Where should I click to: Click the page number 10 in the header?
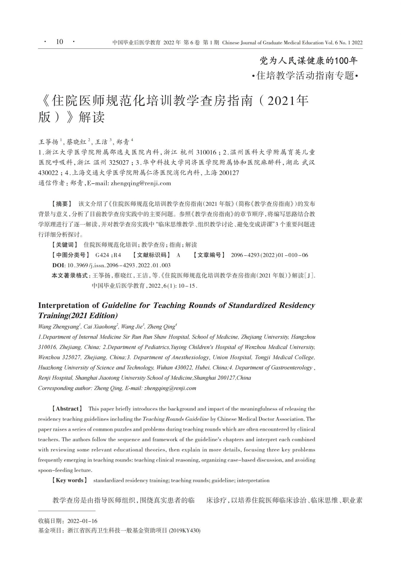click(59, 42)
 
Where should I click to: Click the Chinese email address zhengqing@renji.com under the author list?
click(141, 183)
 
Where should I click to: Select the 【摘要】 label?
click(62, 204)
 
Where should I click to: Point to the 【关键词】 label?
click(65, 245)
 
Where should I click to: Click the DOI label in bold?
click(59, 265)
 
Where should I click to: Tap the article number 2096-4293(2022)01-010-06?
click(269, 255)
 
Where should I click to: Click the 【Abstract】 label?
click(67, 409)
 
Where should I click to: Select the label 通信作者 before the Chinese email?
click(51, 183)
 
